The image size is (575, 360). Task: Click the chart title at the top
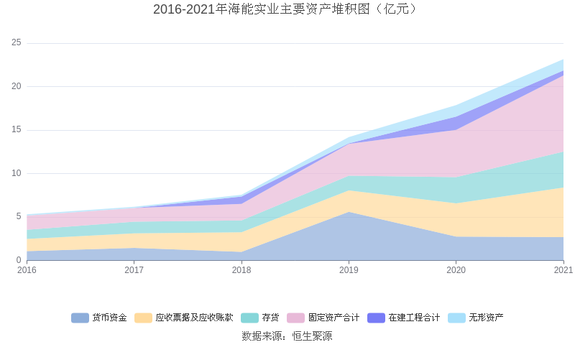coord(285,9)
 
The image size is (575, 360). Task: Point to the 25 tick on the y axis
coord(17,43)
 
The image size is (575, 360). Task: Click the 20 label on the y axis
coord(17,86)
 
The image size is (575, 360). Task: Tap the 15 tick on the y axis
coord(17,130)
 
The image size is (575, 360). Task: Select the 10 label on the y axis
coord(17,173)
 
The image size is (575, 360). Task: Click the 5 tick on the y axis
coord(19,216)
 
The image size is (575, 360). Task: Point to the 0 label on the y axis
coord(19,260)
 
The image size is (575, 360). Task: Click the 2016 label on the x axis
coord(27,270)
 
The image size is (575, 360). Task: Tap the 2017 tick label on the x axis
coord(134,270)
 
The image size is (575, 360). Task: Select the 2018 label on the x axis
coord(241,270)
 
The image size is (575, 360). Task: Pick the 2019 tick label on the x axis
coord(349,270)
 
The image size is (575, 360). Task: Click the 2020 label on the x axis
coord(456,270)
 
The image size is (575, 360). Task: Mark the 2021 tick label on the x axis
coord(563,270)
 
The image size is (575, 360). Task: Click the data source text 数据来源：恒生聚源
coord(287,336)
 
